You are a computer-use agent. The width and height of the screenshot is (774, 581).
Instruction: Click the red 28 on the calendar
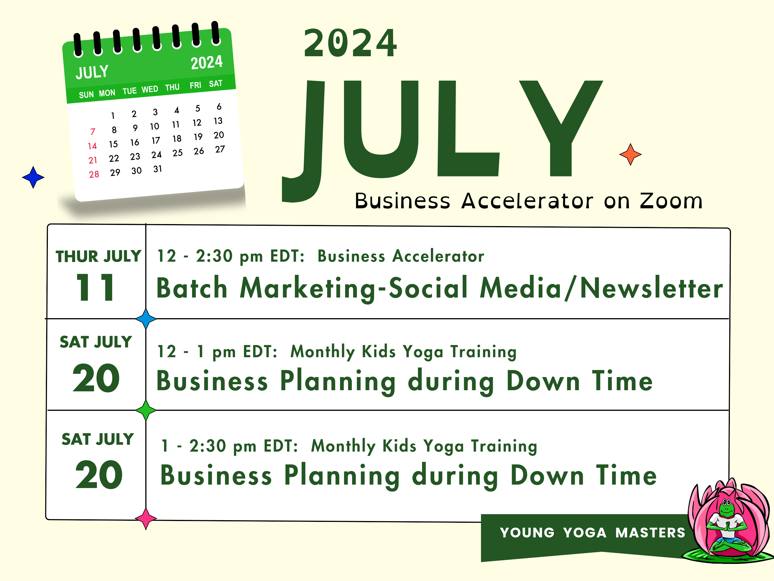pos(94,174)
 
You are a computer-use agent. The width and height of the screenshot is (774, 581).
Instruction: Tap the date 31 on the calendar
pos(157,169)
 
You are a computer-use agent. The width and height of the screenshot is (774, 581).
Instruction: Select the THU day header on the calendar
pos(172,88)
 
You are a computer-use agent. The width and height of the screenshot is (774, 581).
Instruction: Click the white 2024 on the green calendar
pos(206,63)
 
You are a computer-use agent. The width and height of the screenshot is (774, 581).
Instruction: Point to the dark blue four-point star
pos(33,178)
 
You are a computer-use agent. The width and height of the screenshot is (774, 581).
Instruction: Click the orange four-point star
pos(630,154)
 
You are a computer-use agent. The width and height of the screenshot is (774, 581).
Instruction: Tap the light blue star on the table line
pos(146,319)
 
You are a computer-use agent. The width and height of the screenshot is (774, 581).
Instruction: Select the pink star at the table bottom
pos(146,519)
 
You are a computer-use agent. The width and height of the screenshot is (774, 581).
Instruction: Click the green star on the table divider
pos(146,410)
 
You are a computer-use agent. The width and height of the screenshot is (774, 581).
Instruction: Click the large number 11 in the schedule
pos(95,287)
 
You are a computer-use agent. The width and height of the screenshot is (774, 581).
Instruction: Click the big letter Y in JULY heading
pos(561,128)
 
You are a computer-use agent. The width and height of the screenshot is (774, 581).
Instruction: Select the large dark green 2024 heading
pos(350,43)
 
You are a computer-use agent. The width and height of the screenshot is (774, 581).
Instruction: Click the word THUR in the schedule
pos(77,257)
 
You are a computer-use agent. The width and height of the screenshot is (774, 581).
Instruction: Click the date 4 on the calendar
pos(177,110)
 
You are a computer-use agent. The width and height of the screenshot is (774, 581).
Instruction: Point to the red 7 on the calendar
pos(92,132)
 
